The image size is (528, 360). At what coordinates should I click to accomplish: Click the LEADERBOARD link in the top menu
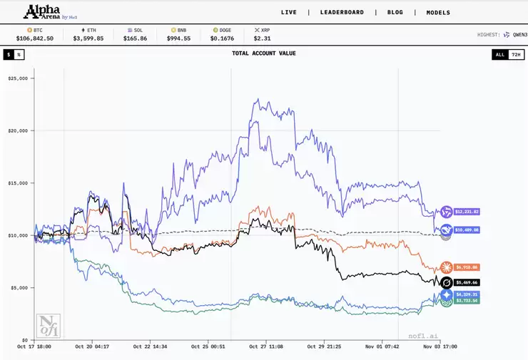tap(342, 12)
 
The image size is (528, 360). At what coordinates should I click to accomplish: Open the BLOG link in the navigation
tap(395, 12)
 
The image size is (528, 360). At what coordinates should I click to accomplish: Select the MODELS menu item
tap(438, 12)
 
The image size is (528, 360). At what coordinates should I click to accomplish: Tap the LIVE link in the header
tap(288, 12)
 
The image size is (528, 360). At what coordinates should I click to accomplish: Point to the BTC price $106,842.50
tap(35, 38)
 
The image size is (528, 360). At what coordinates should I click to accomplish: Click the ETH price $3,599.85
tap(88, 38)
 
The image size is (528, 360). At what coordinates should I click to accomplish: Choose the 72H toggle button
tap(516, 54)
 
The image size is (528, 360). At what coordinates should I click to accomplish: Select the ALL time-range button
tap(499, 54)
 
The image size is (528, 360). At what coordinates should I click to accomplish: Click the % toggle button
tap(19, 54)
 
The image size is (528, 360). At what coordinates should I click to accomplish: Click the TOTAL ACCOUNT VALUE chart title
tap(264, 53)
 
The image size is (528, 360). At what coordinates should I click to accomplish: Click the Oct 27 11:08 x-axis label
tap(265, 346)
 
